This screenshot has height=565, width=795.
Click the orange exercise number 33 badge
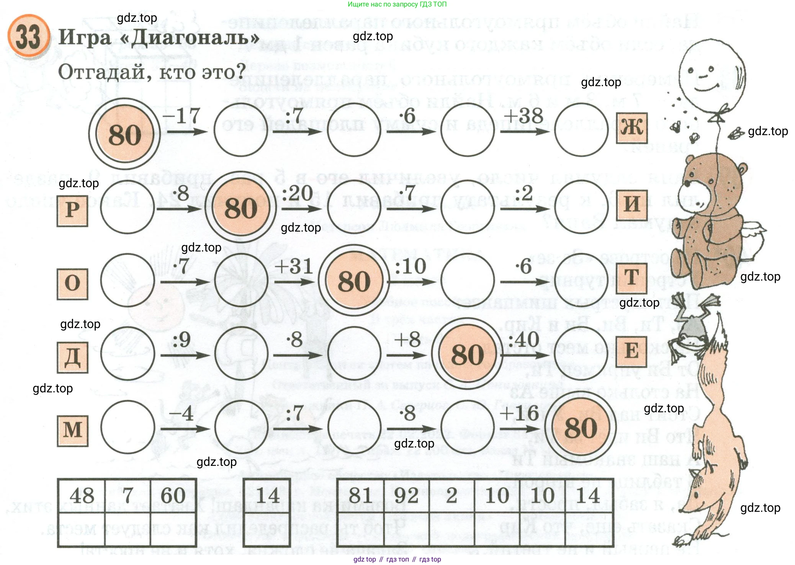coord(29,36)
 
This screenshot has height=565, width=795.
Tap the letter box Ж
coord(631,128)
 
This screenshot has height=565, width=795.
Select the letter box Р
coord(72,211)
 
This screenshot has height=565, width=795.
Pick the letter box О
coord(72,284)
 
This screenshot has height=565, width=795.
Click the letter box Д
coord(72,357)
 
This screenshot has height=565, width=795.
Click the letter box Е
coord(631,351)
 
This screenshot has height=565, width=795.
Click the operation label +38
coord(523,116)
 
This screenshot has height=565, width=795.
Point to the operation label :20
coord(297,193)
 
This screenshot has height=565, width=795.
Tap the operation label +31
coord(294,266)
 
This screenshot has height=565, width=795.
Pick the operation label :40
coord(523,340)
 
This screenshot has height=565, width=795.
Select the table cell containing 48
coord(82,496)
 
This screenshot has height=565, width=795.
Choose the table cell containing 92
coord(406,496)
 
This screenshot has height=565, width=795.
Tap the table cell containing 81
coord(360,496)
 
